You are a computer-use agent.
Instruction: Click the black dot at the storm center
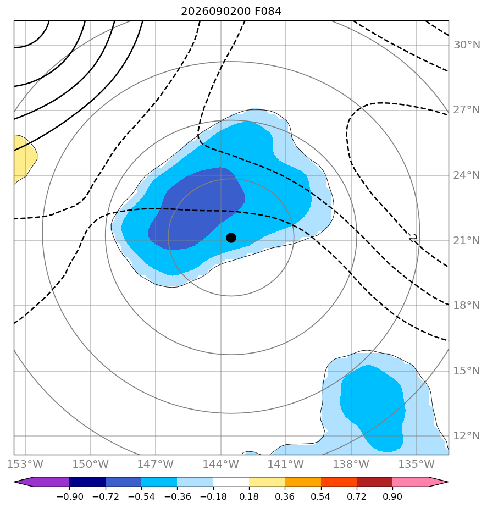[x=231, y=238]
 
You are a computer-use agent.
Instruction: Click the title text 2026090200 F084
[x=231, y=12]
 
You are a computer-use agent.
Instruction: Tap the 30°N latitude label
[x=467, y=45]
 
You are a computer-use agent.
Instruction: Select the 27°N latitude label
[x=467, y=110]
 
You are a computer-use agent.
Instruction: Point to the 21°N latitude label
[x=467, y=241]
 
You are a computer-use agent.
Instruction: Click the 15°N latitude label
[x=467, y=371]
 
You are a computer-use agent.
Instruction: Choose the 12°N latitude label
[x=467, y=436]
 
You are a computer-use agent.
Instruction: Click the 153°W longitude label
[x=25, y=464]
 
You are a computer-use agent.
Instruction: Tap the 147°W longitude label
[x=156, y=464]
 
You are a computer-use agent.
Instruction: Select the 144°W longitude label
[x=221, y=464]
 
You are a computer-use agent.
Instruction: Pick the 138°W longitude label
[x=351, y=464]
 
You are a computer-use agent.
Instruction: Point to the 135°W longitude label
[x=416, y=464]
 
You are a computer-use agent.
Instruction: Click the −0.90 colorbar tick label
[x=69, y=496]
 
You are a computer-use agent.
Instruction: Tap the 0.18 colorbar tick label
[x=249, y=496]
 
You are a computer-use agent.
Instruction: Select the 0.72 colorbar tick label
[x=357, y=496]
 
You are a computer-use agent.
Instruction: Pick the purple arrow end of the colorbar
[x=24, y=482]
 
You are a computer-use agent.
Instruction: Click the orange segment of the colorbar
[x=303, y=482]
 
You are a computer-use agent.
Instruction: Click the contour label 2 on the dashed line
[x=413, y=238]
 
